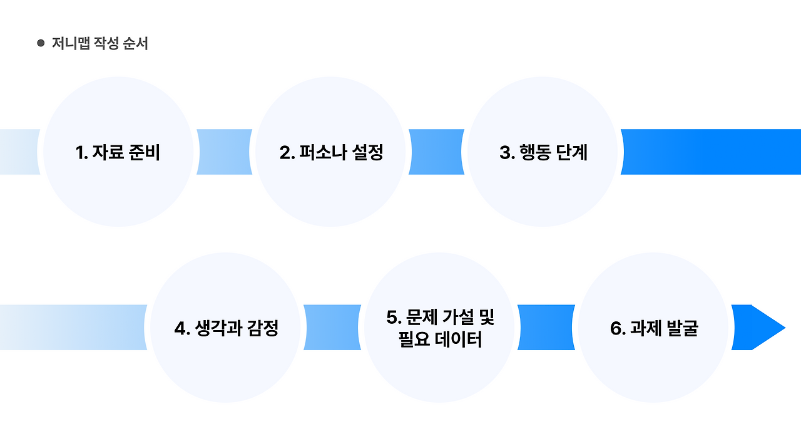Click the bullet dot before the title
[41, 43]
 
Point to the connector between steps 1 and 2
[224, 152]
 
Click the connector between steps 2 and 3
[436, 152]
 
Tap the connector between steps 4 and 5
[332, 328]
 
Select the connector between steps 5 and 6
[546, 328]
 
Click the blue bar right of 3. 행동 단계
[710, 152]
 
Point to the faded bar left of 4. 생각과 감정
[72, 328]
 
